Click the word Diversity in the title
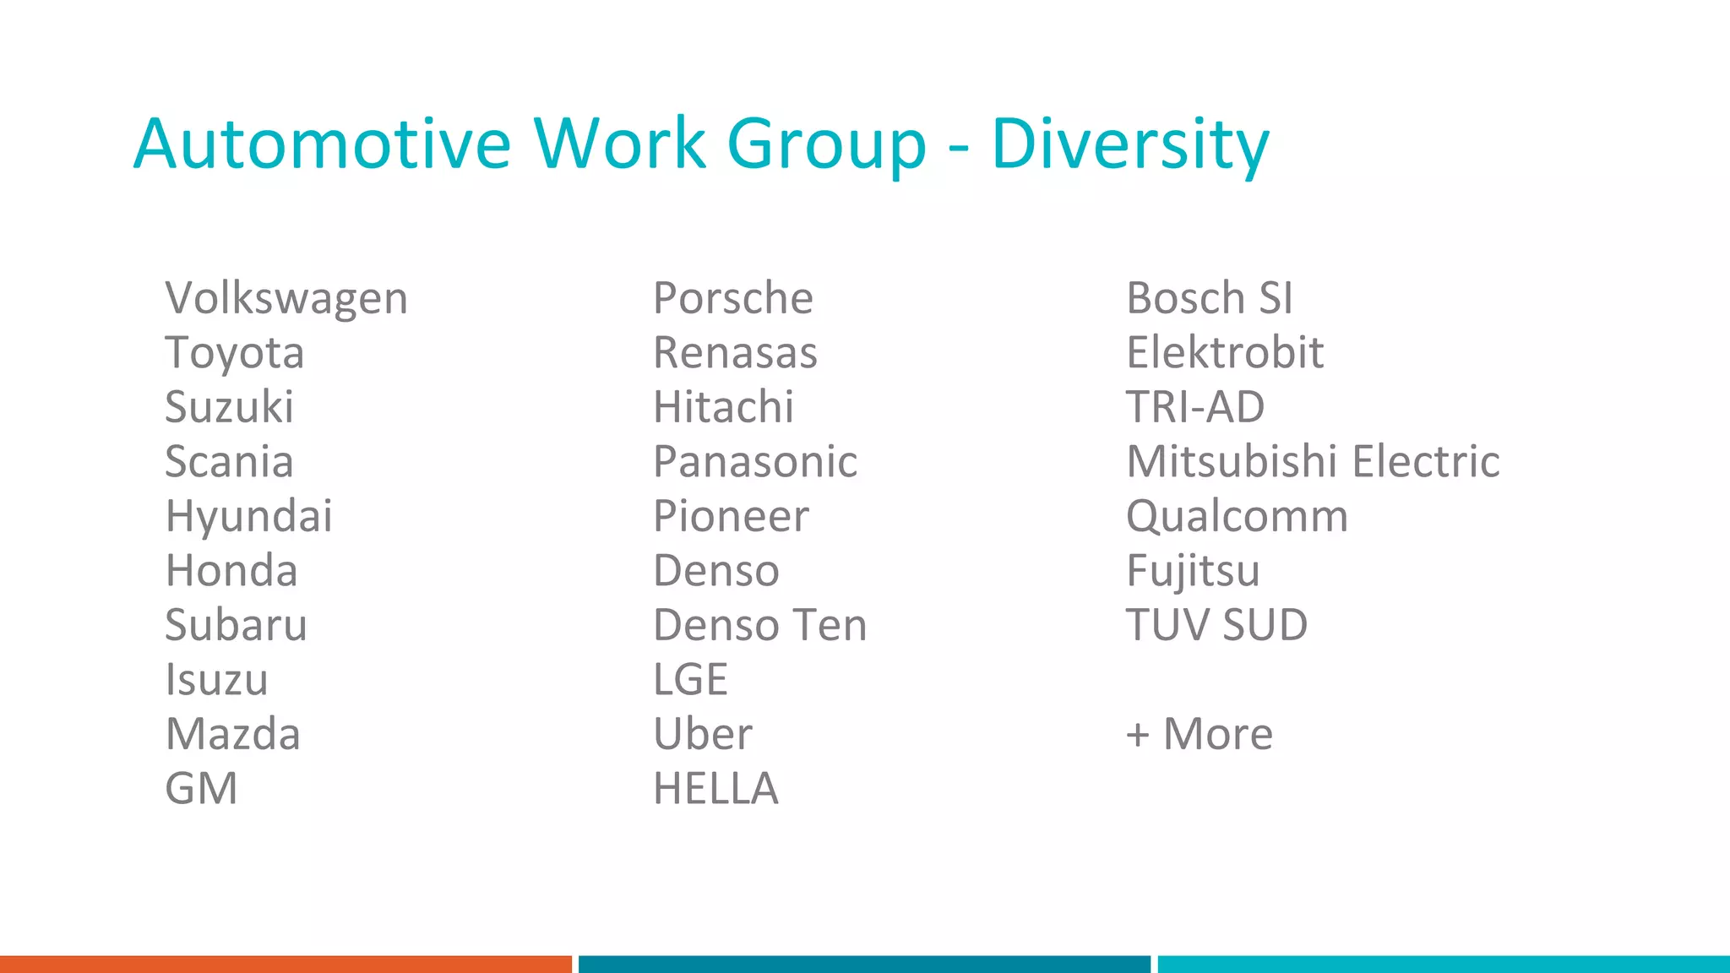point(1129,145)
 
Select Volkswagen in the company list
point(286,299)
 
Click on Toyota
point(234,353)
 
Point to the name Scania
point(229,462)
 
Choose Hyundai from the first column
point(248,517)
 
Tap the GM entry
point(201,789)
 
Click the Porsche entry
point(732,299)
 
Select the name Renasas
point(735,353)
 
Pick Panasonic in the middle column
point(755,462)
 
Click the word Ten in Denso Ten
point(831,626)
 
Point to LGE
point(690,680)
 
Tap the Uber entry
point(702,734)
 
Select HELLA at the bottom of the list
point(715,789)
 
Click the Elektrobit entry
point(1224,353)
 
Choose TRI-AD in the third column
point(1194,408)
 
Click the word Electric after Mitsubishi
point(1425,462)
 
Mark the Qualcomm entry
point(1237,517)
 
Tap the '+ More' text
point(1199,734)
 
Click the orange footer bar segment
point(286,964)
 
